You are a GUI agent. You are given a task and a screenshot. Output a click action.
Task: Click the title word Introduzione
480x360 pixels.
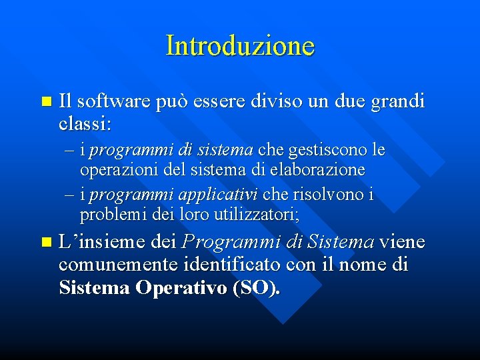point(240,46)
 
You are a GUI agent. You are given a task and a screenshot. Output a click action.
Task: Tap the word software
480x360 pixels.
point(114,103)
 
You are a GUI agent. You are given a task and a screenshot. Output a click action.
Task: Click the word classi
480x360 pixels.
point(85,124)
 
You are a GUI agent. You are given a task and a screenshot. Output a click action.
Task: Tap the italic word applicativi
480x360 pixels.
point(221,195)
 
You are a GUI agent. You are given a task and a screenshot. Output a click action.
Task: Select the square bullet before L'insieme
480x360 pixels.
point(45,242)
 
